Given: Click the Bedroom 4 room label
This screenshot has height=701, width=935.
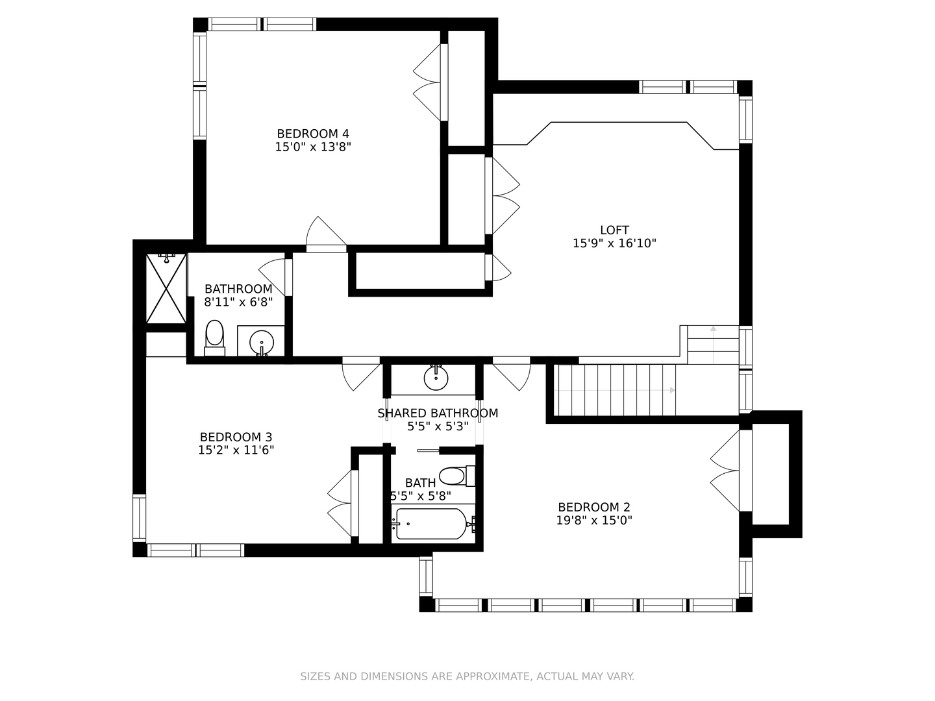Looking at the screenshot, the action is [x=313, y=134].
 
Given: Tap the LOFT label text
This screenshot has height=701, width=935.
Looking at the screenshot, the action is [x=614, y=230].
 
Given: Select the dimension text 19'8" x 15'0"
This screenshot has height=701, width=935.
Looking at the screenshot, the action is [x=594, y=520].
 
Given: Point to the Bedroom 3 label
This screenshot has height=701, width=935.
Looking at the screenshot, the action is [x=236, y=437].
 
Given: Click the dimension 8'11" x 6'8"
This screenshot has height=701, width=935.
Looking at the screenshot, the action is [x=238, y=302].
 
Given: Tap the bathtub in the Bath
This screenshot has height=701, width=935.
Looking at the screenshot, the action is [x=432, y=524].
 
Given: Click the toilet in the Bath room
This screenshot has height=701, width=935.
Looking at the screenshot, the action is [x=456, y=476].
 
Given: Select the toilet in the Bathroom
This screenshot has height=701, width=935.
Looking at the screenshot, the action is [x=214, y=338].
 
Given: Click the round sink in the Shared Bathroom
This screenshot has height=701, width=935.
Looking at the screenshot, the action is [x=436, y=378].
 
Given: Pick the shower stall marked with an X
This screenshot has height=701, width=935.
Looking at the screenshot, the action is [x=166, y=289].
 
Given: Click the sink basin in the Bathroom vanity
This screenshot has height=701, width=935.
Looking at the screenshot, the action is [x=261, y=341].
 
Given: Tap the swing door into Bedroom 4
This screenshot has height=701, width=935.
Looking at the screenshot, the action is [x=327, y=235].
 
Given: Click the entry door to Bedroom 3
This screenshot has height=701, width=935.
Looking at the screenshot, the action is [x=361, y=374].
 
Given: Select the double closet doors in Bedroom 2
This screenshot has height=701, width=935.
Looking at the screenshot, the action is [x=725, y=471].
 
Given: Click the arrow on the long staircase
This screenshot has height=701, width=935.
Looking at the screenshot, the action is [x=614, y=390].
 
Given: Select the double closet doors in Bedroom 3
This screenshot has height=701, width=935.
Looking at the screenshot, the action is [x=342, y=503].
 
